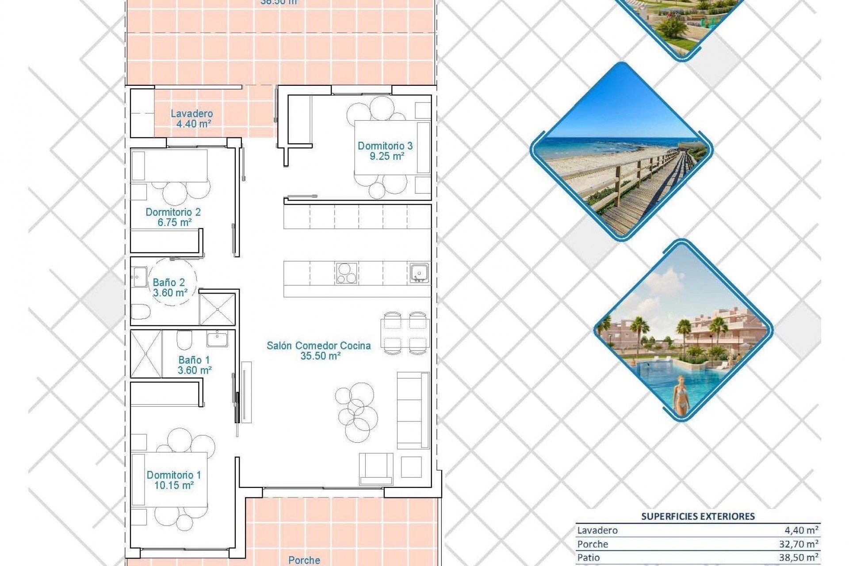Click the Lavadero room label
coord(192,114)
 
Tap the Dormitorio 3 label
coord(385,145)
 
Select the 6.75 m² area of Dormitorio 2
coord(175,222)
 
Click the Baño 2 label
coord(168,282)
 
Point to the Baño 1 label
coord(194,360)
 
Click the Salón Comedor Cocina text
coord(318,346)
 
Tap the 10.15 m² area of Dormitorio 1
coord(174,486)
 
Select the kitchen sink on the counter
coord(418,273)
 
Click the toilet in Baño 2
coord(141,311)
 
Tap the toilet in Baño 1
coord(184,340)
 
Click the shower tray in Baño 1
coord(146,354)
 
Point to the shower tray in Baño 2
coord(217,309)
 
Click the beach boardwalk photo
coord(621,152)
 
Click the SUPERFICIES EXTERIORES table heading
coord(698,516)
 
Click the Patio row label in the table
coord(589,558)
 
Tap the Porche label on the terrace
coord(304,560)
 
